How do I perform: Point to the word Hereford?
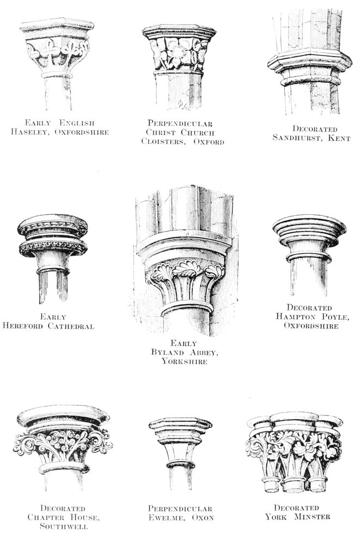pos(23,326)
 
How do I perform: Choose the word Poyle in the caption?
pos(334,317)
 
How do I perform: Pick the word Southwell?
pos(64,526)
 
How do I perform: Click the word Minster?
pos(312,517)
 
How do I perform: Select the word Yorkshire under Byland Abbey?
pos(184,361)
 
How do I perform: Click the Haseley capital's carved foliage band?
pos(58,52)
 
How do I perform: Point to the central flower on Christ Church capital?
pos(178,52)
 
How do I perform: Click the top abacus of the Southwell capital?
pos(63,416)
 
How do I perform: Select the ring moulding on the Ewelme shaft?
pos(180,464)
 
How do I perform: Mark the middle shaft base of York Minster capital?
pos(294,485)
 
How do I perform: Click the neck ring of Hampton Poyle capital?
pos(309,257)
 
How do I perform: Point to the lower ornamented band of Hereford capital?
pos(53,247)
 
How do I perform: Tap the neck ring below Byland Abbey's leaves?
pos(187,307)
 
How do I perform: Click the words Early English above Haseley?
pos(59,123)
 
